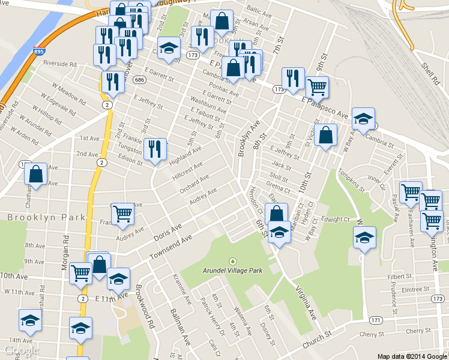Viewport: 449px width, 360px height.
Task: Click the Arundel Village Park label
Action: tap(233, 271)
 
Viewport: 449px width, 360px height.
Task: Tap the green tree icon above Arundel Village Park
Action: tap(233, 261)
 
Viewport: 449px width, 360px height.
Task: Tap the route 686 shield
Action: tap(139, 79)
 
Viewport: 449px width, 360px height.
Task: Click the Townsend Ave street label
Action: tap(170, 247)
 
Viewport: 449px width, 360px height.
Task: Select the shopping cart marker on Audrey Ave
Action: tap(122, 214)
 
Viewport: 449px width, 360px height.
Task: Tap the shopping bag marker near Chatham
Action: tap(35, 175)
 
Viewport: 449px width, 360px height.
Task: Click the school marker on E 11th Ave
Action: tap(119, 279)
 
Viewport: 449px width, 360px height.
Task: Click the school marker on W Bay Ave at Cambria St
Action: tap(363, 118)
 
